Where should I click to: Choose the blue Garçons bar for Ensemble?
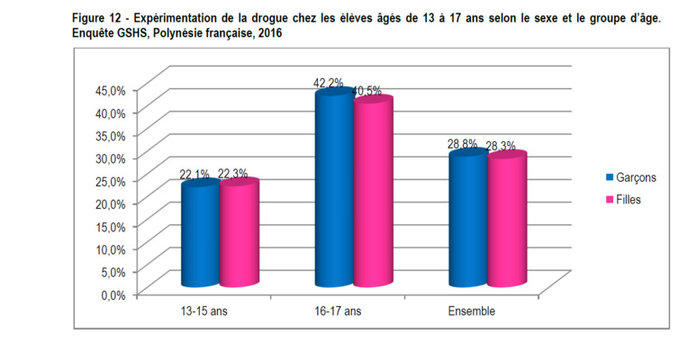pyautogui.click(x=467, y=220)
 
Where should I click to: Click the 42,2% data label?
pyautogui.click(x=328, y=83)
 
